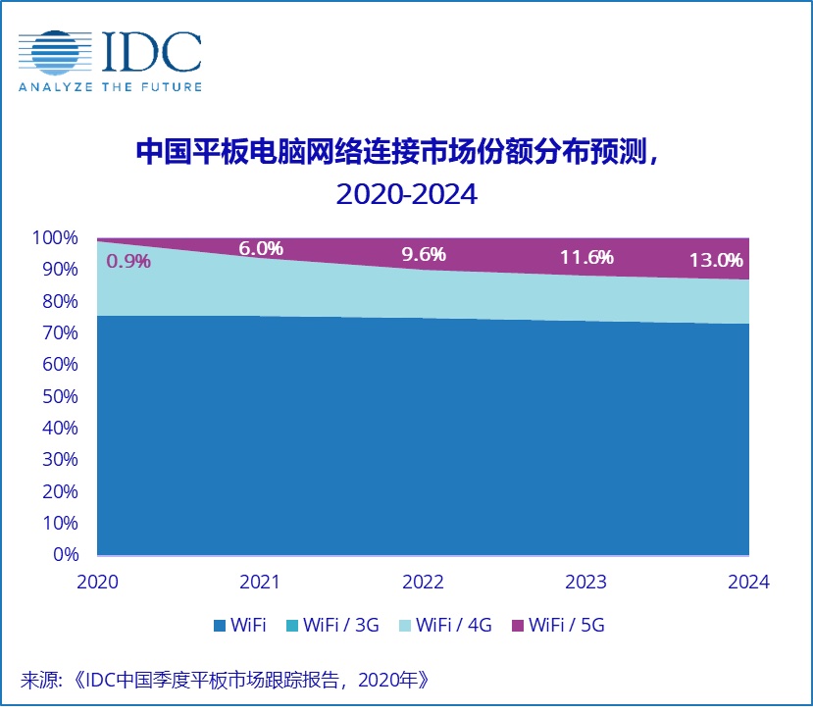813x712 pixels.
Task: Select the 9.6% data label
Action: (x=424, y=254)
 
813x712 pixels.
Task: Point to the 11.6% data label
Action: (x=586, y=257)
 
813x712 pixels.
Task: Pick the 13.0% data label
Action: (x=717, y=261)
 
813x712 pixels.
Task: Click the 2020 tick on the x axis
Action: (x=97, y=582)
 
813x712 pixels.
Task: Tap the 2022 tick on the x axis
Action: (x=424, y=582)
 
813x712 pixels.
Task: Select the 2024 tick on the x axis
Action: (x=749, y=582)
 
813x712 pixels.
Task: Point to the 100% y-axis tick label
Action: (x=54, y=237)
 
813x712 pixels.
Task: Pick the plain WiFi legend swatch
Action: (x=218, y=626)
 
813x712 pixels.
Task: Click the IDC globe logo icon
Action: (x=51, y=53)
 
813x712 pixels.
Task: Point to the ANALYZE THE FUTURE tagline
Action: (x=110, y=86)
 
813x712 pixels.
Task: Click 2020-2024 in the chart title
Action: (x=406, y=193)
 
